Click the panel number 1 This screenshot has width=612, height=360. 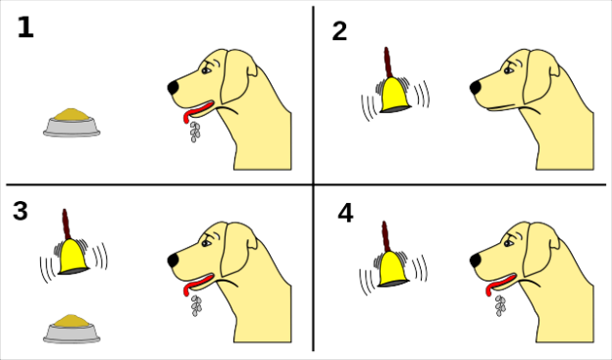pos(25,28)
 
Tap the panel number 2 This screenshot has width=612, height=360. pos(339,31)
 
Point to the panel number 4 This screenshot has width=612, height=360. pos(344,212)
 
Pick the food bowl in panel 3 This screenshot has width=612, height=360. pos(72,328)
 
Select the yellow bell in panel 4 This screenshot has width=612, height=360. pos(393,268)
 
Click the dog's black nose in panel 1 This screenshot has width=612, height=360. pos(174,87)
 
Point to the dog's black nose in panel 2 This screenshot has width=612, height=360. pos(476,87)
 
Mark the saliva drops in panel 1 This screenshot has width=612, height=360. pos(194,130)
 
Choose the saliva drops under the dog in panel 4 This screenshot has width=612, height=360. pos(500,305)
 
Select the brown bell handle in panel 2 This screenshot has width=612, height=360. pos(389,61)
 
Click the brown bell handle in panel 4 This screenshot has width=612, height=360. pos(387,235)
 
